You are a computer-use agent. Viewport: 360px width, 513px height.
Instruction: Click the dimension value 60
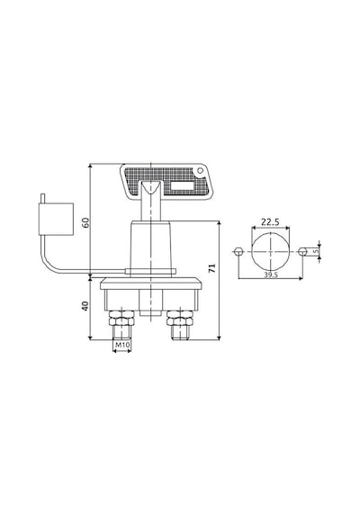click(85, 223)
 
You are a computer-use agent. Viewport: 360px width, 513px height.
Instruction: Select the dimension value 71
click(212, 268)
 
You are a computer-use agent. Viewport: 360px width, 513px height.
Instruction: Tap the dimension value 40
click(85, 306)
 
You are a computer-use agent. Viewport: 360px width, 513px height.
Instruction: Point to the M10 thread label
click(121, 345)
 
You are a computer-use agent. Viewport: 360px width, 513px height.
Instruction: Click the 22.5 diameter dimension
click(270, 222)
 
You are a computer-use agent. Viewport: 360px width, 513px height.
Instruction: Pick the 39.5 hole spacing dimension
click(271, 274)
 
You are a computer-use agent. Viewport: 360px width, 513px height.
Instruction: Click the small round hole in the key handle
click(200, 171)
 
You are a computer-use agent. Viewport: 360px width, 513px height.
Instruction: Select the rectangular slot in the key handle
click(183, 185)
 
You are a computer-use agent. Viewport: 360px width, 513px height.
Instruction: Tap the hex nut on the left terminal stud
click(121, 318)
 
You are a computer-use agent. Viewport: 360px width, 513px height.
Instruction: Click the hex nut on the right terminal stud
click(180, 318)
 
